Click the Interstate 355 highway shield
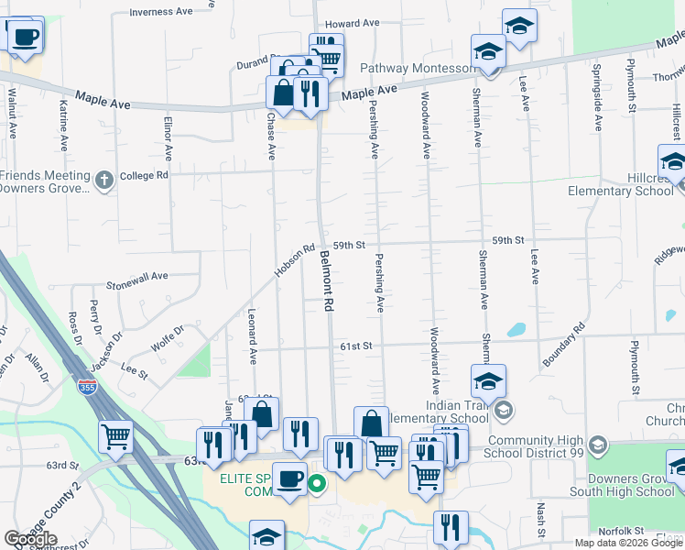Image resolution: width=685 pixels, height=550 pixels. [x=88, y=388]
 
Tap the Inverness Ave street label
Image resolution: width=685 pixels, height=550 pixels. [x=161, y=12]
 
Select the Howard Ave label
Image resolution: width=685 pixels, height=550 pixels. [x=352, y=23]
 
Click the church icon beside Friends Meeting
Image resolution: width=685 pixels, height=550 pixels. [x=104, y=180]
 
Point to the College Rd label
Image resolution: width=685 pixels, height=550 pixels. [x=145, y=174]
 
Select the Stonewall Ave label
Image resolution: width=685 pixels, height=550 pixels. [x=137, y=275]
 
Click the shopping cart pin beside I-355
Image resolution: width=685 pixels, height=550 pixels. [x=117, y=437]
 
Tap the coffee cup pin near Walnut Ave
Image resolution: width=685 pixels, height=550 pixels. [x=26, y=37]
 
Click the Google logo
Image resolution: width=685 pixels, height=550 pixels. [x=30, y=539]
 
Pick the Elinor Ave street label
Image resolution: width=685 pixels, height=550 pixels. [x=168, y=134]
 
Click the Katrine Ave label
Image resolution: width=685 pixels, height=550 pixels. [x=63, y=126]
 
